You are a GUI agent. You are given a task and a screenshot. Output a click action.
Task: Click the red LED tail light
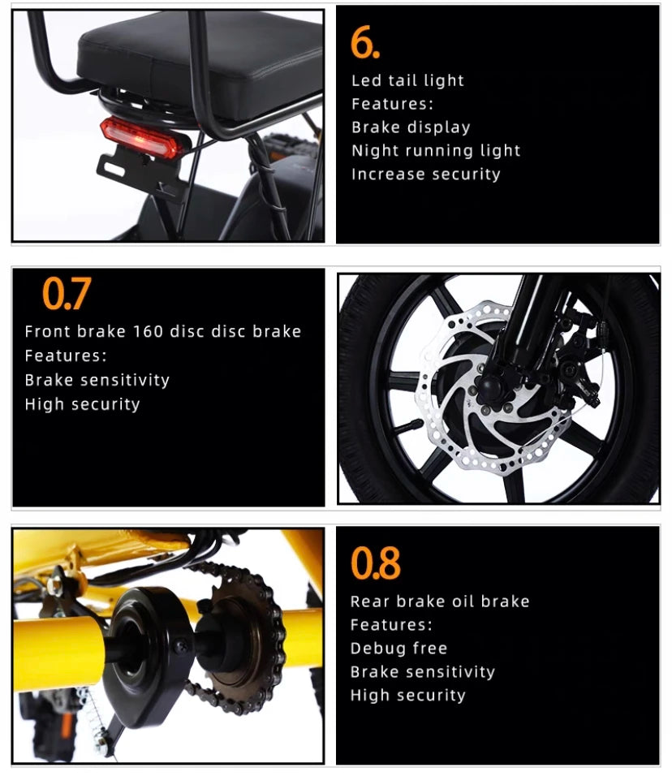[140, 137]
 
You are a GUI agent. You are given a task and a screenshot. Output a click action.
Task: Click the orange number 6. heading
[365, 43]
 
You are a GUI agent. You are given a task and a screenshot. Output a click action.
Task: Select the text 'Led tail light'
[407, 80]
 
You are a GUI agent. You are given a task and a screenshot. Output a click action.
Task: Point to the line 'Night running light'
[436, 150]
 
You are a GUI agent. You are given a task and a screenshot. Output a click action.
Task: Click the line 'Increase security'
[425, 175]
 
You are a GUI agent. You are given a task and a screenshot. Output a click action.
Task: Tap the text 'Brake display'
[411, 127]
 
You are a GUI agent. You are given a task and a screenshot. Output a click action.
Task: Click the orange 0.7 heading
[67, 294]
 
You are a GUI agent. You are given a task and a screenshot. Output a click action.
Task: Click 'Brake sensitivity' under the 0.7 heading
[97, 380]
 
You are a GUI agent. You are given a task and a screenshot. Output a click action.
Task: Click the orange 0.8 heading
[376, 563]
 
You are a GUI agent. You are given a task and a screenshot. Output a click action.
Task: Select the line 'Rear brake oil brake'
[439, 601]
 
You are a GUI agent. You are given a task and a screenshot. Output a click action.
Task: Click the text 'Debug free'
[398, 649]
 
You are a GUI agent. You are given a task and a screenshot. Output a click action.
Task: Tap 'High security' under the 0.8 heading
[407, 696]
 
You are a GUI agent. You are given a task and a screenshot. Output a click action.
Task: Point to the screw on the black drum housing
[181, 645]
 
